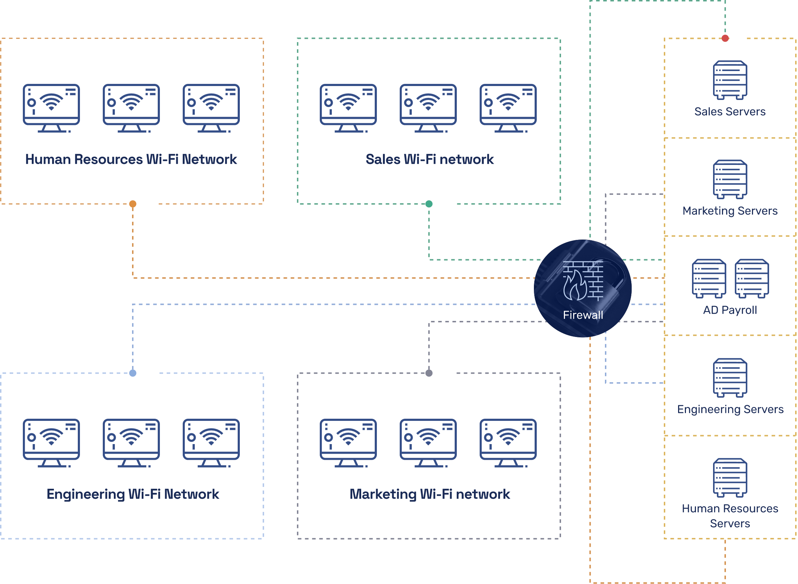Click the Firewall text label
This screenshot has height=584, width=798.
(x=583, y=315)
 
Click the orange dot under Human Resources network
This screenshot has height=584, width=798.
(x=133, y=204)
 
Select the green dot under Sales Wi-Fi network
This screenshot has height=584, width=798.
(x=429, y=204)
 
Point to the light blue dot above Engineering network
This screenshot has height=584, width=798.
(x=133, y=373)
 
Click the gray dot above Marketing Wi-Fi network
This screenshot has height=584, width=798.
(x=429, y=373)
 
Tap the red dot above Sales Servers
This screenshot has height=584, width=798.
(x=725, y=38)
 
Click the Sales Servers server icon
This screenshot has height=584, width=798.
(x=730, y=80)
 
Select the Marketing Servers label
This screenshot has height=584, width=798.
(x=730, y=211)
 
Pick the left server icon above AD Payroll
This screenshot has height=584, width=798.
(x=709, y=278)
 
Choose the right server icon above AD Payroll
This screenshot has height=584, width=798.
(x=752, y=278)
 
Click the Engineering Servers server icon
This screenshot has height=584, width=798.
(x=730, y=378)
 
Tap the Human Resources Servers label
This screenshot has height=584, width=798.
(x=730, y=516)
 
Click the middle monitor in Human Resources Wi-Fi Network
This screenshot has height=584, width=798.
(x=131, y=108)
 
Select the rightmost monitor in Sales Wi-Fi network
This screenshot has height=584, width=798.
(x=508, y=108)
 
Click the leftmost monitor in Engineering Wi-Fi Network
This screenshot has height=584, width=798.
(x=51, y=443)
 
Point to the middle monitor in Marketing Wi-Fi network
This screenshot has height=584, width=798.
(x=428, y=443)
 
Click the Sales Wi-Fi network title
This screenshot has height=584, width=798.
(x=430, y=159)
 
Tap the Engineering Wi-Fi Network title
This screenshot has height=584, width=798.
(x=133, y=494)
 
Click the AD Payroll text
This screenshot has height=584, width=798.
(x=730, y=310)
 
